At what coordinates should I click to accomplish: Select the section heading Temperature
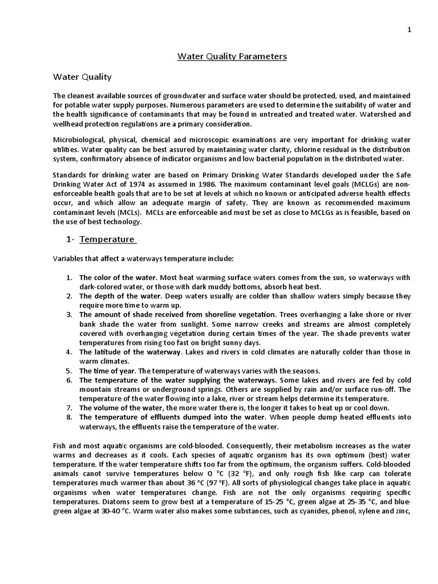107,239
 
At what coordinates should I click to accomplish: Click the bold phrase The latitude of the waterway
129,352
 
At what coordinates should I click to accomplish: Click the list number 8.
68,416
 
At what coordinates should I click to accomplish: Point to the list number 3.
68,315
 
